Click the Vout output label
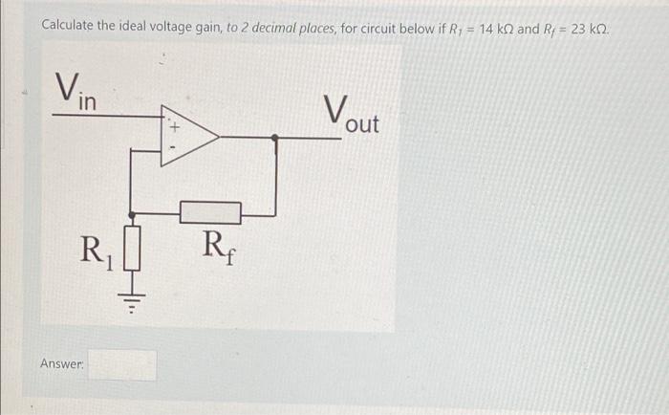pos(351,115)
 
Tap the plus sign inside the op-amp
pos(175,127)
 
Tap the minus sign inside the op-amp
pos(173,147)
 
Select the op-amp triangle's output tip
pos(219,137)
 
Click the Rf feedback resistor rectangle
pos(210,212)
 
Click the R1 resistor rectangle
pos(132,248)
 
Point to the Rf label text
pos(219,248)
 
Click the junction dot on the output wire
pos(275,138)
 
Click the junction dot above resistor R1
pos(132,215)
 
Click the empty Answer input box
pos(122,365)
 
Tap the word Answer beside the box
pos(62,363)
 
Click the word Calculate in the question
pos(68,26)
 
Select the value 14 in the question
pos(486,29)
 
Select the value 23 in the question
pos(578,29)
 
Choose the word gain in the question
pos(208,29)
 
